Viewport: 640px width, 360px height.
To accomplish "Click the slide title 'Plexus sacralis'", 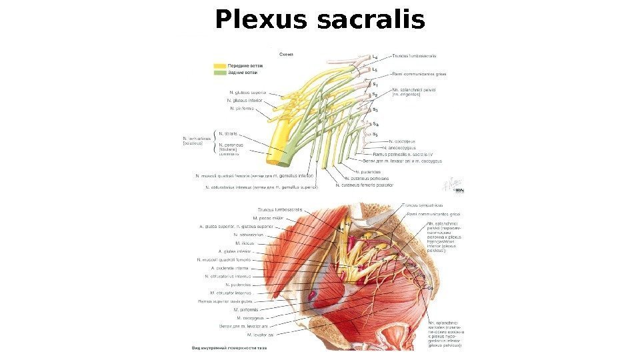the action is click(319, 20).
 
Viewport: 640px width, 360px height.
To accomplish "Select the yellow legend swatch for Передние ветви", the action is click(219, 66).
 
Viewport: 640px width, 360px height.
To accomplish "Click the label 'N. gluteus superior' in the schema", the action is click(248, 92).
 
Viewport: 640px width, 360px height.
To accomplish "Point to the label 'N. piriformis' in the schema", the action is click(242, 108).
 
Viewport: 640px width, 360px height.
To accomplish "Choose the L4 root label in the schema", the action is click(375, 57).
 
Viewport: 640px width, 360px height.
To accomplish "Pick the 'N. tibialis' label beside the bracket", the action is click(229, 133).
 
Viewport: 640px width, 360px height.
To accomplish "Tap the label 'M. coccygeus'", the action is click(249, 318).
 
